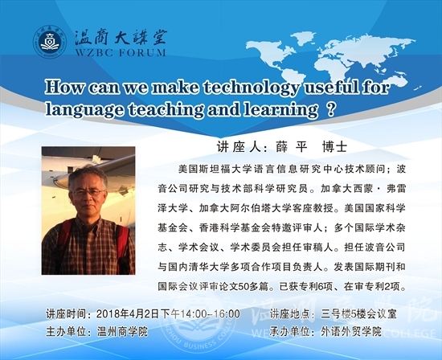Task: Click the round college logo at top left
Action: click(x=50, y=42)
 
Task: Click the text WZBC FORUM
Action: click(x=121, y=53)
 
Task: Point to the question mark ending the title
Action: click(x=332, y=109)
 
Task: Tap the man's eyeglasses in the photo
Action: click(x=88, y=193)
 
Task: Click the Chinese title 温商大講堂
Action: click(x=121, y=38)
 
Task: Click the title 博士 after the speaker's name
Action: click(x=334, y=147)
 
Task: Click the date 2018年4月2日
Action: click(x=128, y=313)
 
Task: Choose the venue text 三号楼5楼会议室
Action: click(x=358, y=313)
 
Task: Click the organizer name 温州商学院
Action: click(x=122, y=332)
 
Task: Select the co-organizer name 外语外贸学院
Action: click(x=351, y=332)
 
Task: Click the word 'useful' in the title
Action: click(x=331, y=87)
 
